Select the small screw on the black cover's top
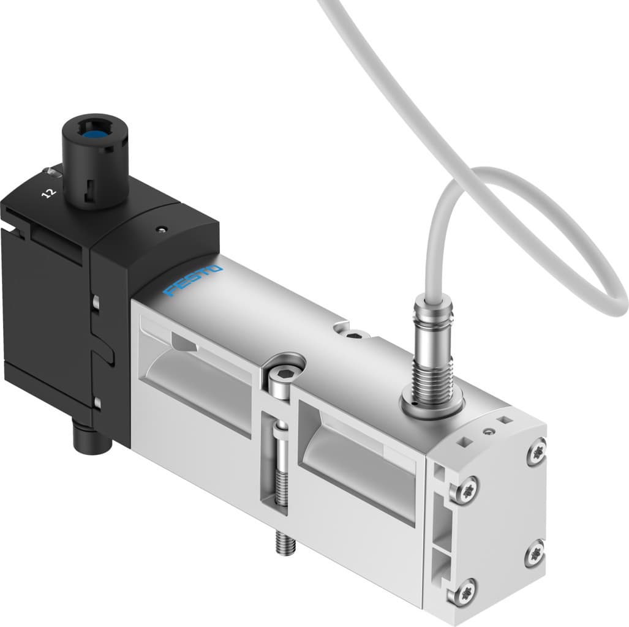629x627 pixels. (160, 230)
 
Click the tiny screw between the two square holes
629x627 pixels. (488, 432)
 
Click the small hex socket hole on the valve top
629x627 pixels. (356, 334)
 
